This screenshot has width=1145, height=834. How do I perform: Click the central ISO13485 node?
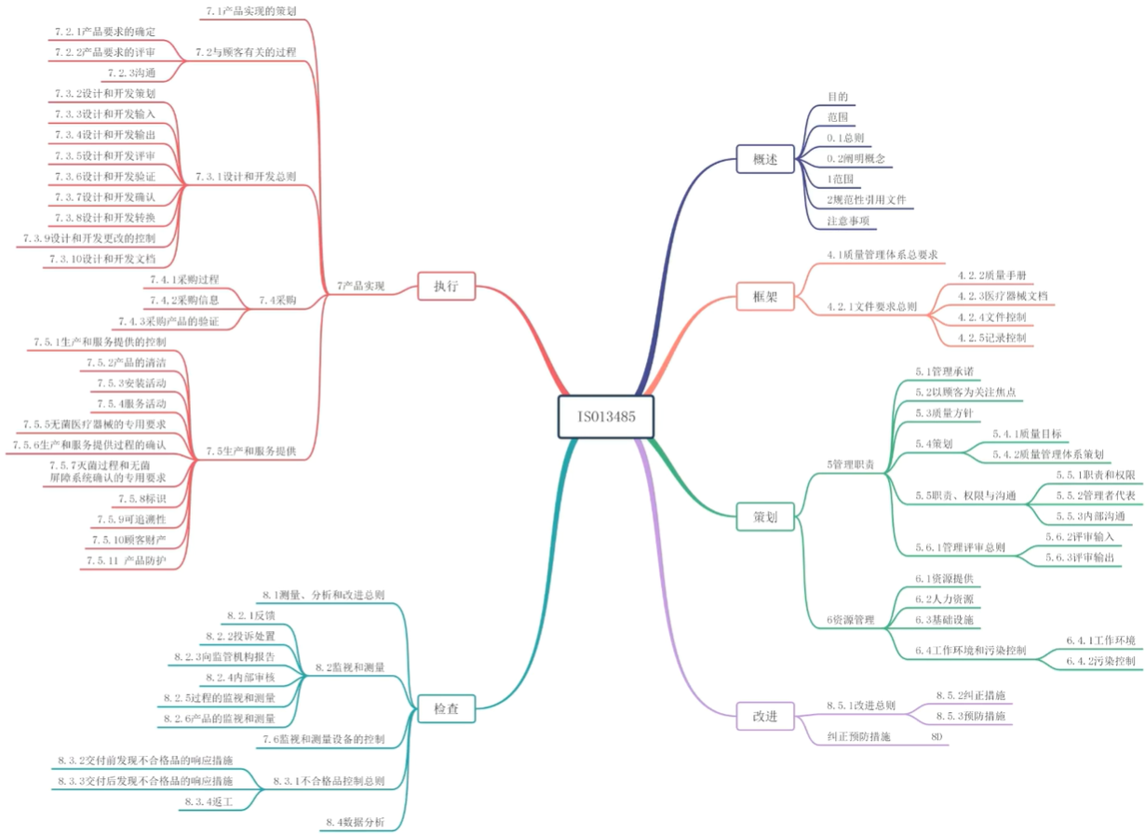point(606,416)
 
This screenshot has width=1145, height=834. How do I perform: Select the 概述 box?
point(764,158)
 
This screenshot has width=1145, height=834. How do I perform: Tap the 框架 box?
point(764,297)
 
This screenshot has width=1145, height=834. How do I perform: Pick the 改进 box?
point(764,716)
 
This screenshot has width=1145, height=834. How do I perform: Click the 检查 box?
point(447,708)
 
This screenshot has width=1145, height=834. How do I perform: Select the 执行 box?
point(447,285)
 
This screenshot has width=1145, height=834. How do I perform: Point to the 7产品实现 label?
point(360,286)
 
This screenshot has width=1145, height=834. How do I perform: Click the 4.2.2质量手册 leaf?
point(991,276)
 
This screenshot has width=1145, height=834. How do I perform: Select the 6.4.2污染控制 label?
point(1100,661)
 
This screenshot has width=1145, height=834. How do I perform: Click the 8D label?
point(936,736)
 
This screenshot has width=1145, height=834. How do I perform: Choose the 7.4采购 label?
point(277,300)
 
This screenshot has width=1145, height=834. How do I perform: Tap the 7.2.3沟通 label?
point(130,72)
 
